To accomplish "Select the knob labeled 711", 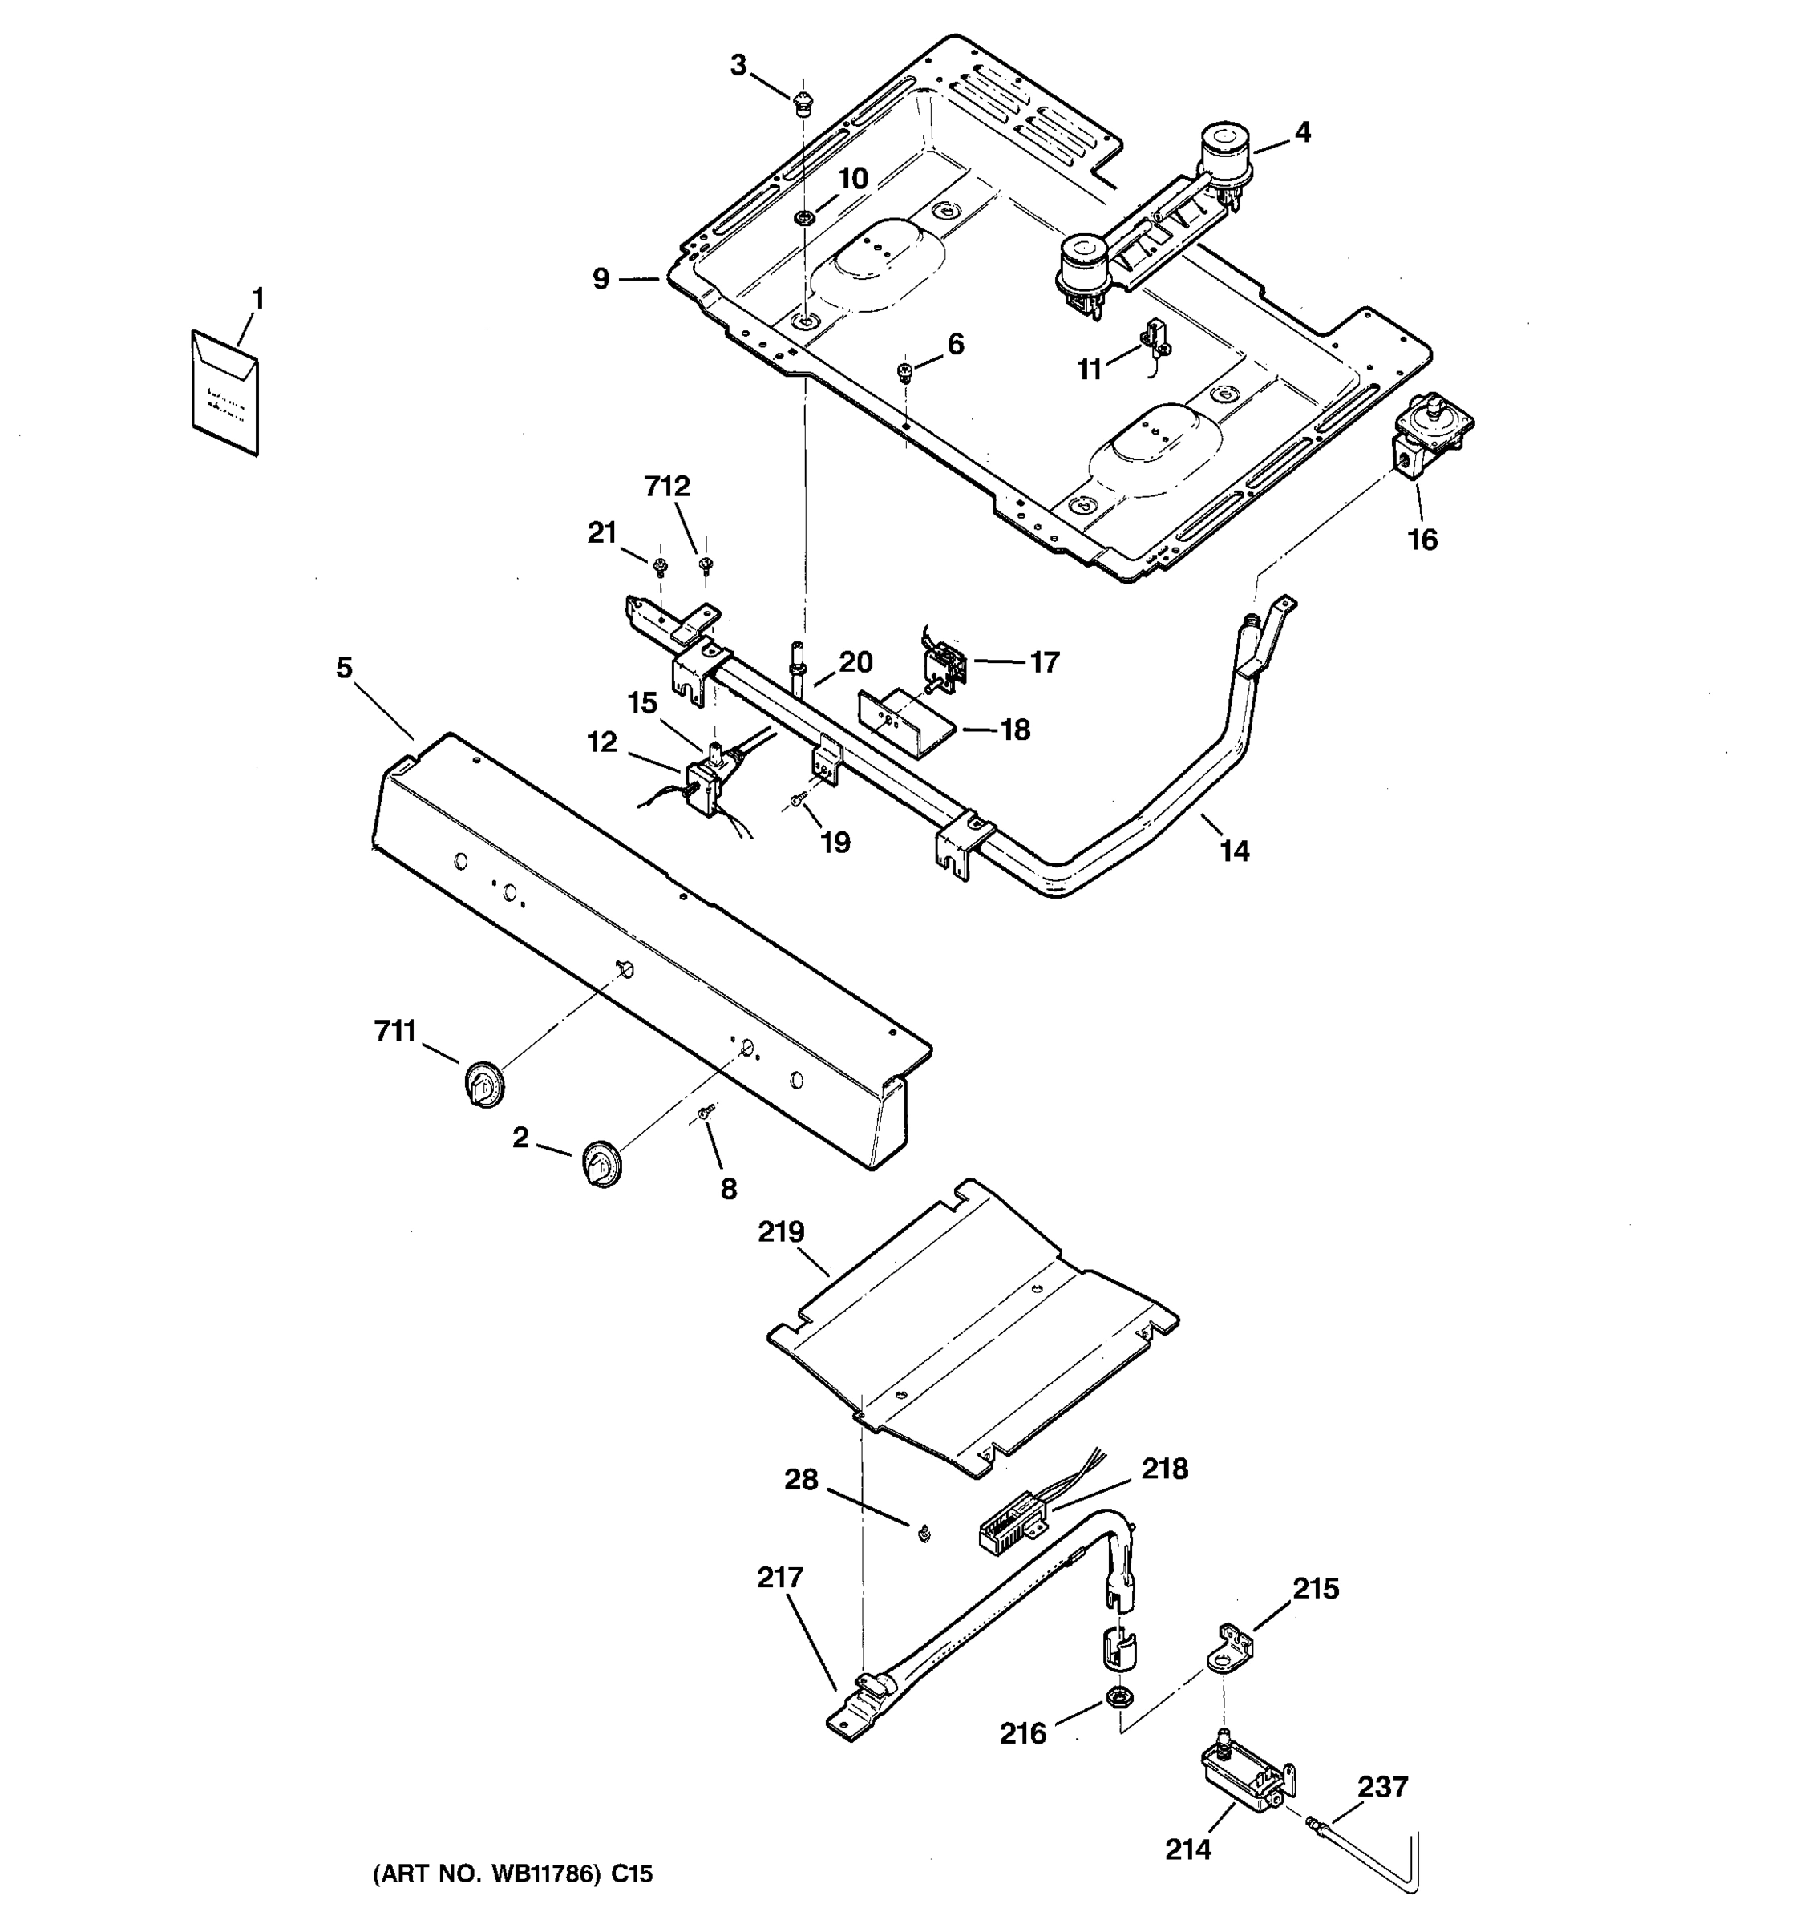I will point(482,1083).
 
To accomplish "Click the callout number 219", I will point(781,1232).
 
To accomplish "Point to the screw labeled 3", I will point(801,102).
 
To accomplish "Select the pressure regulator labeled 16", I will point(1427,435).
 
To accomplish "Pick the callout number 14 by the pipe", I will point(1234,851).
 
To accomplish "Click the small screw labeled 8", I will point(706,1113).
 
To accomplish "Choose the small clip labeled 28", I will point(924,1533).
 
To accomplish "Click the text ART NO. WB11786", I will point(513,1874).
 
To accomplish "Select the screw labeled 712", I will point(706,564).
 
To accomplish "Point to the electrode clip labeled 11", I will point(1155,340).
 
